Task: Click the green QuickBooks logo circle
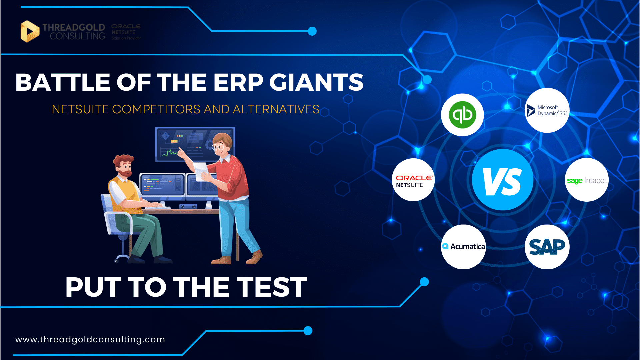coord(462,115)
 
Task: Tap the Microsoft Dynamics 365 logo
coord(547,110)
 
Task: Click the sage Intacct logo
coord(587,180)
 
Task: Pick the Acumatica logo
coord(463,247)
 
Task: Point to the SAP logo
coord(547,247)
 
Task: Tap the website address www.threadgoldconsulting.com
coord(90,339)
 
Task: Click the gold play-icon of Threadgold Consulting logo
coord(30,31)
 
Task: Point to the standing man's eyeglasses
coord(219,147)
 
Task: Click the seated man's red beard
coord(126,174)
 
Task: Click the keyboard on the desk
coord(158,207)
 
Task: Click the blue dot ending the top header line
coord(312,31)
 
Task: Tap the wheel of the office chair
coord(116,261)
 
